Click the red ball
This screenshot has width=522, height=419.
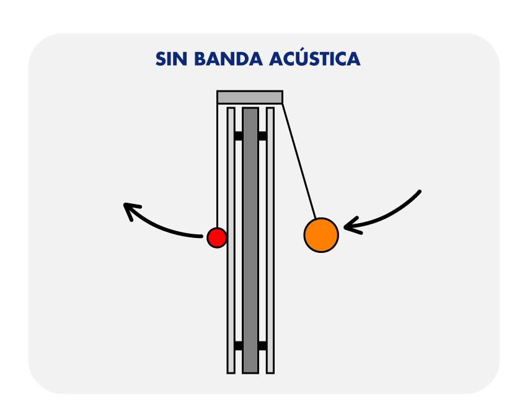tap(217, 237)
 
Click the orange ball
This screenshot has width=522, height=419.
tap(321, 235)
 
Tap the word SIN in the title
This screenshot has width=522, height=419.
tap(170, 59)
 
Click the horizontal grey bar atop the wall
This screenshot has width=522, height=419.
tap(250, 97)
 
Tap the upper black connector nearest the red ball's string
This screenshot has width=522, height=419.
tap(239, 136)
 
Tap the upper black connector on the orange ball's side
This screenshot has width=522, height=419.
tap(262, 136)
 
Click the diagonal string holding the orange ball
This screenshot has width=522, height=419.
tap(299, 161)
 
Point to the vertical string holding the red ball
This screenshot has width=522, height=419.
tap(217, 167)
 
